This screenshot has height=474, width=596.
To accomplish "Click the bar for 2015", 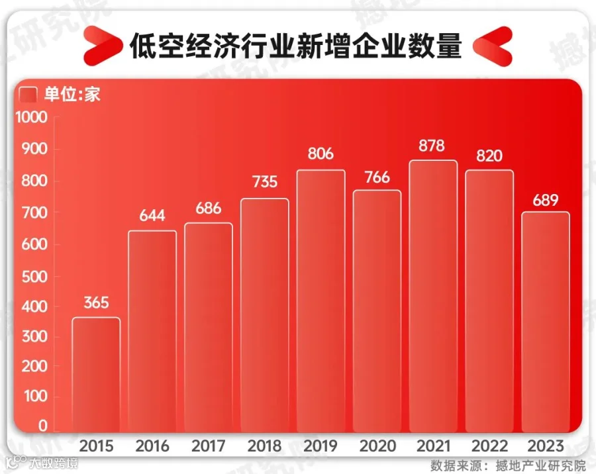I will pyautogui.click(x=96, y=375).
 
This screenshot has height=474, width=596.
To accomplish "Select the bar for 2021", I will pyautogui.click(x=433, y=296).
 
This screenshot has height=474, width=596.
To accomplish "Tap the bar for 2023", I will pyautogui.click(x=546, y=322).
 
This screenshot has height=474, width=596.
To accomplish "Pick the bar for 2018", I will pyautogui.click(x=265, y=315).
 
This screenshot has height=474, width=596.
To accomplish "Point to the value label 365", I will pyautogui.click(x=96, y=303).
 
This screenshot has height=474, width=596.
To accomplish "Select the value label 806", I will pyautogui.click(x=321, y=155).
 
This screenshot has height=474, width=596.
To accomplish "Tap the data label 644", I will pyautogui.click(x=152, y=216).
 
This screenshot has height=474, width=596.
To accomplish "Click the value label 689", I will pyautogui.click(x=546, y=199).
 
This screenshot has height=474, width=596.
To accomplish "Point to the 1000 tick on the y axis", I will pyautogui.click(x=32, y=118).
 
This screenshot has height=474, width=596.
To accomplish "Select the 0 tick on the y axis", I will pyautogui.click(x=42, y=426).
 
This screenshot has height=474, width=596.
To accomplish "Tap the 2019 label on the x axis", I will pyautogui.click(x=321, y=446).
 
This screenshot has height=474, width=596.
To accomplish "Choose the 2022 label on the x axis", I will pyautogui.click(x=489, y=446).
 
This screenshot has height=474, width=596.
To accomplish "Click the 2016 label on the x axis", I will pyautogui.click(x=152, y=446).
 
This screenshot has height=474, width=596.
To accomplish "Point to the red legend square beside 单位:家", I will pyautogui.click(x=28, y=95).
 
